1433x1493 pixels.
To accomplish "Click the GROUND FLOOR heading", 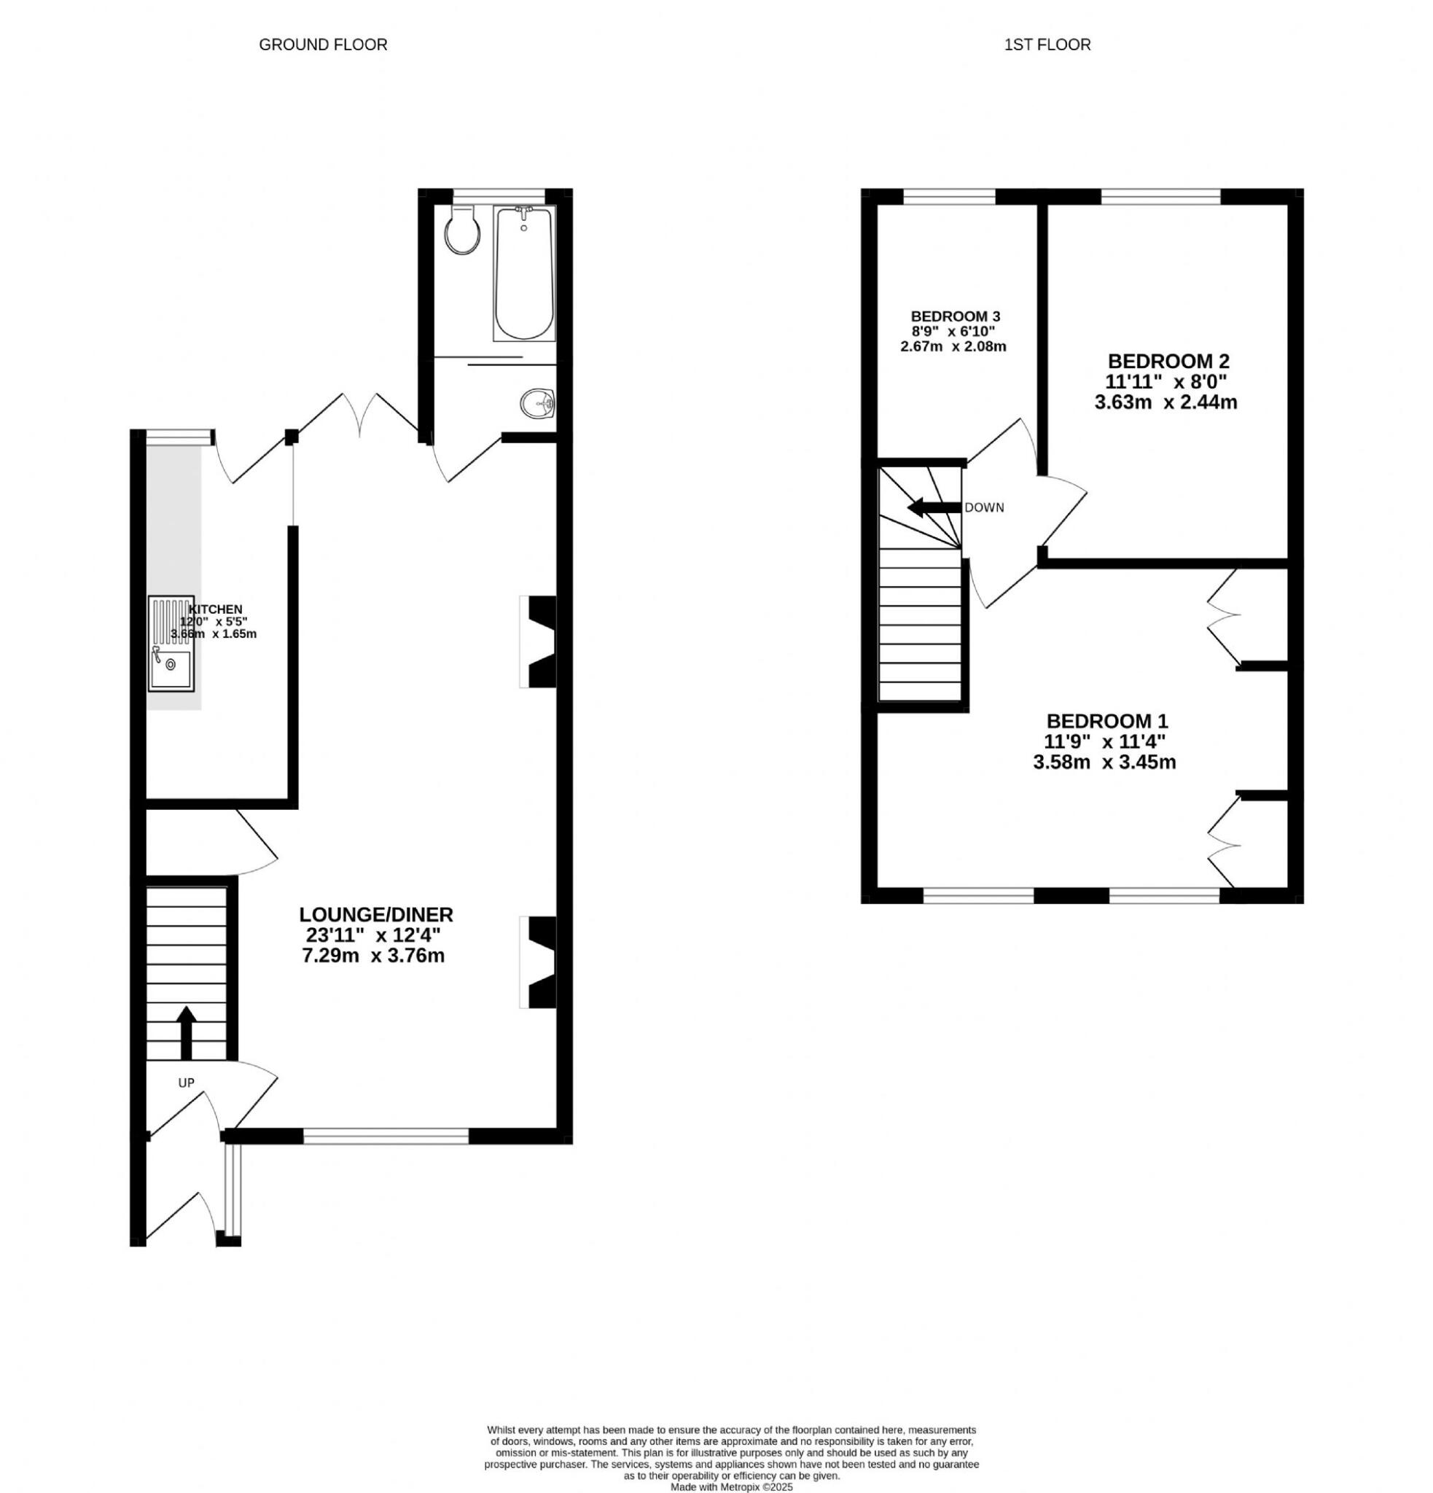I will coord(323,45).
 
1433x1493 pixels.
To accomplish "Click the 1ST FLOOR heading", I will coord(1047,45).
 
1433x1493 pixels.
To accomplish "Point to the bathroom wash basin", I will coord(539,402).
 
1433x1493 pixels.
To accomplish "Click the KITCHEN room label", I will coord(216,609).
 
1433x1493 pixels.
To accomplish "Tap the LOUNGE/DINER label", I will coord(375,914).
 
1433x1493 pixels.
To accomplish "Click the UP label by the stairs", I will coord(186,1083).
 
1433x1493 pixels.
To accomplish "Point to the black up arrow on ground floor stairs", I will coord(186,1032).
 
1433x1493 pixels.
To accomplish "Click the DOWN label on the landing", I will coord(984,508).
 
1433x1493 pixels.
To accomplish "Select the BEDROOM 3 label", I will coord(955,316).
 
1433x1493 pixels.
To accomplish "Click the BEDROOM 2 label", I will coord(1168,361).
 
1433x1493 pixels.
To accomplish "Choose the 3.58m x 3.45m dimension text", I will coord(1104,762).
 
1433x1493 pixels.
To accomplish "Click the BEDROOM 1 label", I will coord(1107,720).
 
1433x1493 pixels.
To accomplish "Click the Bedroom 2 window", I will coord(1160,197).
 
